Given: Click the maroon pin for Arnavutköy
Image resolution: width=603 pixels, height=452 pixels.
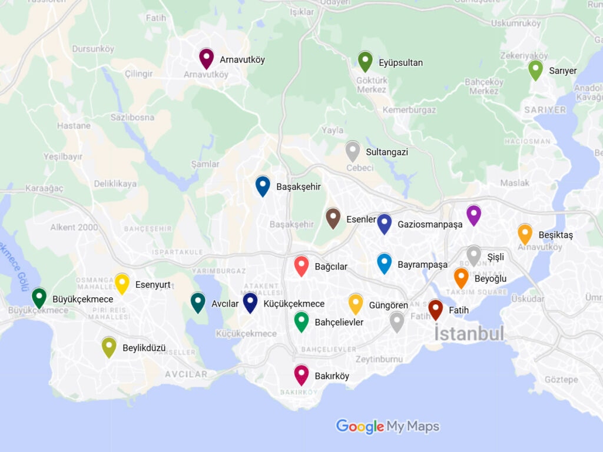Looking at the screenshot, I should pyautogui.click(x=206, y=58).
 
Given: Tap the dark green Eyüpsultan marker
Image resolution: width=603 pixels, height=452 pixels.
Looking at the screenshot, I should pyautogui.click(x=365, y=61).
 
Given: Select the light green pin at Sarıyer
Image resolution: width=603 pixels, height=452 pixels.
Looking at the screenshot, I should pyautogui.click(x=535, y=69).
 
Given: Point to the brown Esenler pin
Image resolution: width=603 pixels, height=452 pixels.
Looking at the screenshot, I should pyautogui.click(x=333, y=217).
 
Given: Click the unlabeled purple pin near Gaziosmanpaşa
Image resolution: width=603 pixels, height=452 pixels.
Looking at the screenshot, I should pyautogui.click(x=473, y=214).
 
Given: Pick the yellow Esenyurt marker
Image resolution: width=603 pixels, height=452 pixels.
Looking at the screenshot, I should pyautogui.click(x=122, y=283).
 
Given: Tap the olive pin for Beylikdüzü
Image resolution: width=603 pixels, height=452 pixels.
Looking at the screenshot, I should pyautogui.click(x=109, y=346).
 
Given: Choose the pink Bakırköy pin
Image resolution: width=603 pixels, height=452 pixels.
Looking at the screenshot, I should pyautogui.click(x=301, y=374).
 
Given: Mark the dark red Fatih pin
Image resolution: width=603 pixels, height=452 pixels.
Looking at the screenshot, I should pyautogui.click(x=435, y=308).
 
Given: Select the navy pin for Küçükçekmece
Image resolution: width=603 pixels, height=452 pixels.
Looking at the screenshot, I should pyautogui.click(x=250, y=302).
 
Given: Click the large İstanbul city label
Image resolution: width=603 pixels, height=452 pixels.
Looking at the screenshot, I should pyautogui.click(x=469, y=334).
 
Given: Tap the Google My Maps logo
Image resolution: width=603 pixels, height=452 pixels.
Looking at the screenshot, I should pyautogui.click(x=387, y=426).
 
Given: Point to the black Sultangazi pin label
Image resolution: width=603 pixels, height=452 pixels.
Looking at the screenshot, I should pyautogui.click(x=387, y=152).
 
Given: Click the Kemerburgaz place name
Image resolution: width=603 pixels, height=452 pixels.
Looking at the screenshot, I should pyautogui.click(x=409, y=109).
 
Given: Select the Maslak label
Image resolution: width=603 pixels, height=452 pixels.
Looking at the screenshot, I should pyautogui.click(x=515, y=183).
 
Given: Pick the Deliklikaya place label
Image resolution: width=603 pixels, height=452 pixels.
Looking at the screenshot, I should pyautogui.click(x=115, y=184).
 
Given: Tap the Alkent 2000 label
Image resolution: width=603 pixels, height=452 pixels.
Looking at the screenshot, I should pyautogui.click(x=74, y=227).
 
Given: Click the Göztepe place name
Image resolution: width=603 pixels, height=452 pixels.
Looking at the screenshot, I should pyautogui.click(x=561, y=380).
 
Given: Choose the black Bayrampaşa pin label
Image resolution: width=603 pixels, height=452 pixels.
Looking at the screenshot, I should pyautogui.click(x=422, y=265).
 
